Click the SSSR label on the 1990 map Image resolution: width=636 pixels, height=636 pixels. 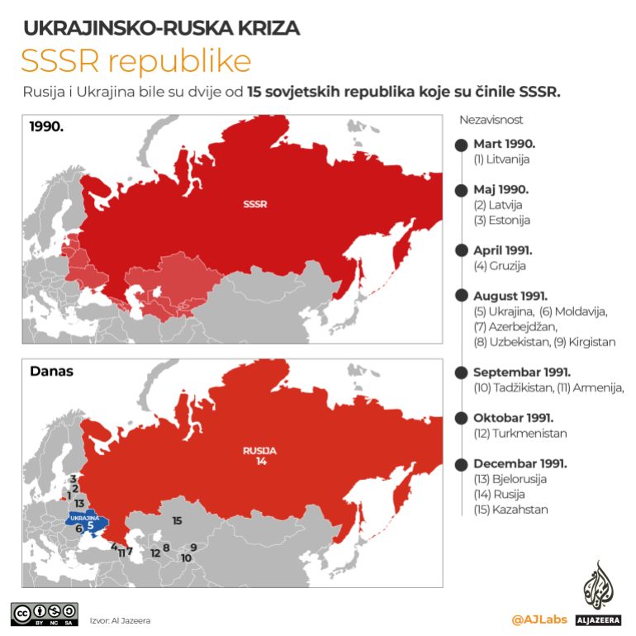click(x=254, y=203)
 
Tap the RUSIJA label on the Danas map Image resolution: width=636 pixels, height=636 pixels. click(x=259, y=451)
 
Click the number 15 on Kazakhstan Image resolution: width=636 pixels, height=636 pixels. click(x=177, y=520)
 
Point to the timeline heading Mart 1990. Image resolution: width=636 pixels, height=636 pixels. click(x=504, y=144)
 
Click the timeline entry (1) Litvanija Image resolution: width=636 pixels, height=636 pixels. click(x=501, y=159)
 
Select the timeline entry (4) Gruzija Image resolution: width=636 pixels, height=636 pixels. click(x=499, y=266)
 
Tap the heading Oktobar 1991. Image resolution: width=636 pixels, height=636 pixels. click(x=513, y=418)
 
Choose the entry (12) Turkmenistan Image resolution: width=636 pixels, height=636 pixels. click(x=520, y=433)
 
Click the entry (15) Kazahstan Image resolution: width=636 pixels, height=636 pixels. click(x=510, y=509)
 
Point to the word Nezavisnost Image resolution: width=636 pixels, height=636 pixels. click(x=491, y=120)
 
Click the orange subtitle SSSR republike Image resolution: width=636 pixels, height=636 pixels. click(x=135, y=62)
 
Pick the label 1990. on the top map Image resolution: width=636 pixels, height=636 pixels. click(x=47, y=126)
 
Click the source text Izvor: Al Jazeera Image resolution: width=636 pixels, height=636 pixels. click(x=120, y=619)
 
